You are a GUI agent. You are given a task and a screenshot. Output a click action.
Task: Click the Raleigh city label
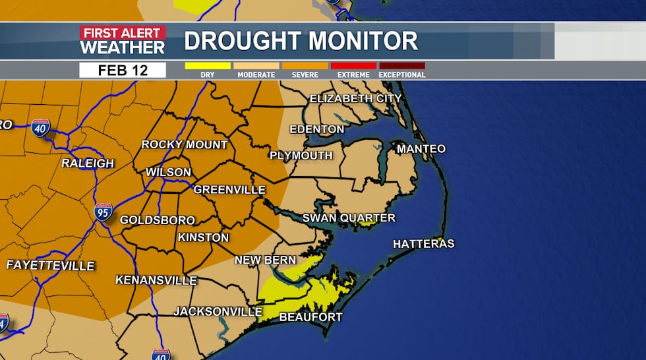pos(88,163)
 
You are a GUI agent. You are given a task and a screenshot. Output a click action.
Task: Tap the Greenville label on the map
pos(229,190)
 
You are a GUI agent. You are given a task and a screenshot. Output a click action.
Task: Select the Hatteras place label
pos(424,244)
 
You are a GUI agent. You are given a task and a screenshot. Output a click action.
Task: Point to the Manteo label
pos(421,149)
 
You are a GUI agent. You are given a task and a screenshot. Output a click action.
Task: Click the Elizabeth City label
pos(355,98)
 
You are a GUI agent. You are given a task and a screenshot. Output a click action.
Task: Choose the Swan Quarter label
pos(349,218)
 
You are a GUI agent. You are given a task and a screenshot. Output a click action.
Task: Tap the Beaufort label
pos(311,317)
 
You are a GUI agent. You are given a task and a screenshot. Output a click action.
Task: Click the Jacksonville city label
pos(214,311)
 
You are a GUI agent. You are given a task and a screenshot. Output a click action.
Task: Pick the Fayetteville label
pos(51,266)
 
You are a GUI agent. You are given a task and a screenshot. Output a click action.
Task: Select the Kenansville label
pos(156,280)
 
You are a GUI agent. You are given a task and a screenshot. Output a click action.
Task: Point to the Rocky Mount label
pos(185,144)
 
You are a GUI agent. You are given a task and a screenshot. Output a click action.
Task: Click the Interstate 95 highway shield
pos(103,212)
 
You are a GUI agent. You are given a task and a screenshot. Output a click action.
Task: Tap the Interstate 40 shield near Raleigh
pos(40,128)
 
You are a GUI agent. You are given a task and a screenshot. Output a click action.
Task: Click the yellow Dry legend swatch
pos(208,66)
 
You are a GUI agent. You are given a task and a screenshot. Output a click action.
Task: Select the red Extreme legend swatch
pos(353,66)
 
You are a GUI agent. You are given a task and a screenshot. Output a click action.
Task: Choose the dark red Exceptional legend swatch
pos(402,66)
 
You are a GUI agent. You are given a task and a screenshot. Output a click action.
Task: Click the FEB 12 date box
pos(123,71)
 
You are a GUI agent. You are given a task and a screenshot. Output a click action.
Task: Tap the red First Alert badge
pos(123,33)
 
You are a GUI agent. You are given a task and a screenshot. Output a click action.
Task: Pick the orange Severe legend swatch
pos(305,66)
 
